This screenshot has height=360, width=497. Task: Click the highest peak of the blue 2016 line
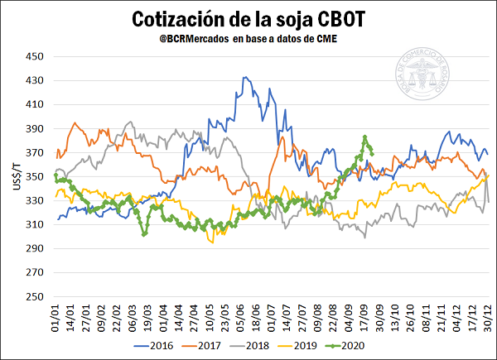coord(244,78)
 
